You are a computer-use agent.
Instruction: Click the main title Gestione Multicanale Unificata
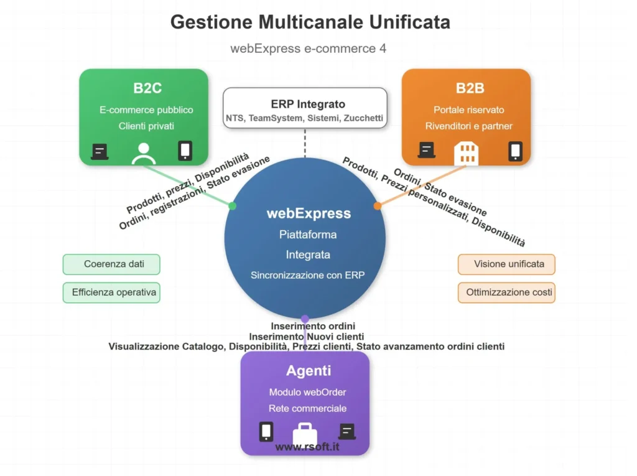tap(310, 22)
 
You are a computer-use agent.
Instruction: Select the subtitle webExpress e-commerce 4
tap(308, 48)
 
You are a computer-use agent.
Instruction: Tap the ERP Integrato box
tap(305, 109)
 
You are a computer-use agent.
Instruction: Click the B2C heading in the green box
tap(147, 88)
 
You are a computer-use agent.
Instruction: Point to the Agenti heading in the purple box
tap(309, 371)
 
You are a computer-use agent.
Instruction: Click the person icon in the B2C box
tap(144, 153)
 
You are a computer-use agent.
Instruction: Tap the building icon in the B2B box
tap(466, 152)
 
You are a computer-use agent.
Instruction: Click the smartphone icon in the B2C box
tap(185, 151)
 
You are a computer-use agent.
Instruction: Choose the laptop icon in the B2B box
tap(426, 151)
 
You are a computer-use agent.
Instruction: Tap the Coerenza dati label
tap(111, 264)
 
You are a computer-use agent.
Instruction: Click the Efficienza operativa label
tap(111, 292)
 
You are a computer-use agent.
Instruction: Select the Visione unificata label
tap(506, 264)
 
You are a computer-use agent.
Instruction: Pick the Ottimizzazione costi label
tap(506, 292)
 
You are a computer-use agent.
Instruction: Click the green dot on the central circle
tap(232, 205)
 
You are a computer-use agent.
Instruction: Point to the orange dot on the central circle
tap(378, 205)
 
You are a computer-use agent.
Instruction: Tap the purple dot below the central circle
tap(305, 319)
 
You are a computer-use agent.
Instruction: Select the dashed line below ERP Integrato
tap(305, 143)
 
